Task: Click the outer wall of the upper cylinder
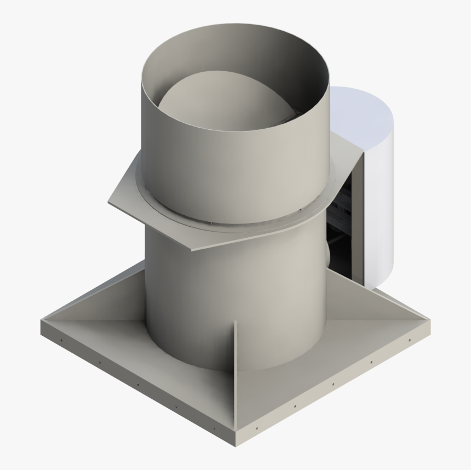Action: (x=219, y=164)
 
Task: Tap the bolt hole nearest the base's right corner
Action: (x=409, y=340)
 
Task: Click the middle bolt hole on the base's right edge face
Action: (x=333, y=384)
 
